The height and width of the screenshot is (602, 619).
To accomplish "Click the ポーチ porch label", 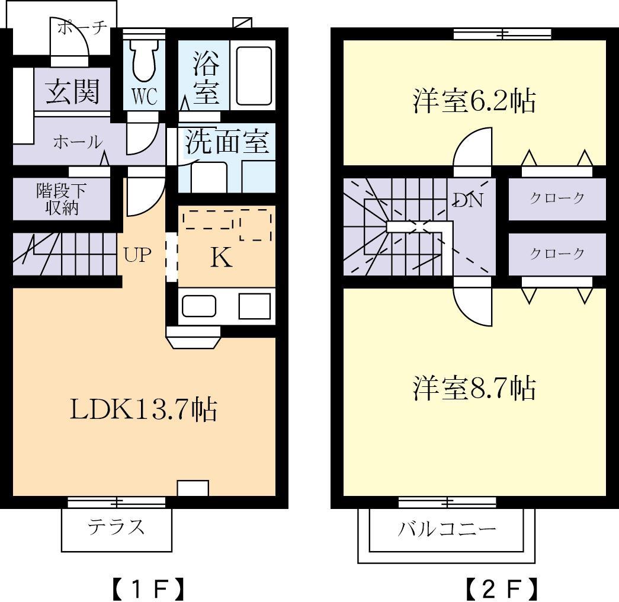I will (83, 27).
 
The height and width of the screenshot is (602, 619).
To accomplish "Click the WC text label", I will (144, 97).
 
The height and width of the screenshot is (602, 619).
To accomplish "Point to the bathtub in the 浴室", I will (254, 75).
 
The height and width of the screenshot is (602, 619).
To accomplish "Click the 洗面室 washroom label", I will (227, 142).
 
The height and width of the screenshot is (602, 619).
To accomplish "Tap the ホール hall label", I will (77, 142).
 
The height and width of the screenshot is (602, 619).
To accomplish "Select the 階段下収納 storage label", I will (62, 200).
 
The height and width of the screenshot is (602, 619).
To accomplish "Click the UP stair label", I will (137, 255).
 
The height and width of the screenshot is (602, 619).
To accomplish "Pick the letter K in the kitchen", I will (221, 258).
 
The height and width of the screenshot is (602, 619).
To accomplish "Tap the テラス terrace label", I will (116, 526).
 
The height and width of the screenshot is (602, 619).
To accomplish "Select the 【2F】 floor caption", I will (502, 588).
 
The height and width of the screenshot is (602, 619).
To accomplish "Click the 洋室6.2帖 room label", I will (474, 101).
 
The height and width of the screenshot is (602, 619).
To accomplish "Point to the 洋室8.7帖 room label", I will (474, 388).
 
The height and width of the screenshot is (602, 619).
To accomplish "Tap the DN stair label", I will (469, 200).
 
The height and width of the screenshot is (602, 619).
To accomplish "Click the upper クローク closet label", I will (557, 198).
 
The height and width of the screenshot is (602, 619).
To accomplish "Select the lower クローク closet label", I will (557, 254).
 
